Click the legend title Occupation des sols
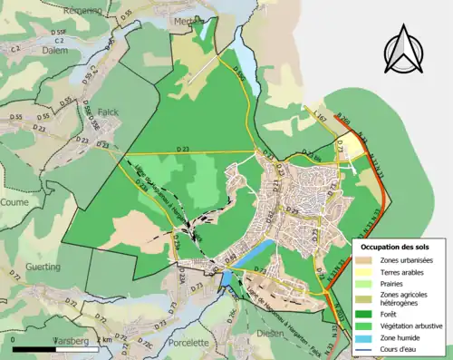(x=399, y=247)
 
